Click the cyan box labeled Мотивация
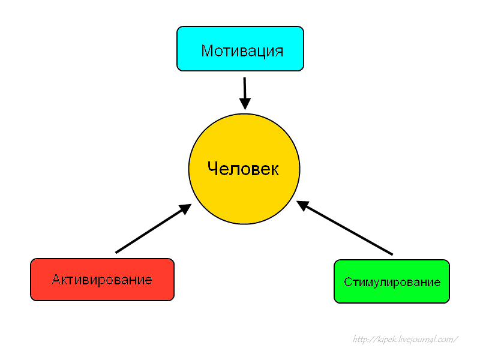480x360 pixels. (240, 49)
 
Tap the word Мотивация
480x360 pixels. (242, 50)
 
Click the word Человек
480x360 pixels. (243, 169)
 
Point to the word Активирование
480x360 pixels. (102, 280)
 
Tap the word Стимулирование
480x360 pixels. (392, 282)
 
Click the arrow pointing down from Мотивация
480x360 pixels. (245, 90)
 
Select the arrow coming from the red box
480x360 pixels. (150, 230)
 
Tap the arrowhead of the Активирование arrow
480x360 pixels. (185, 208)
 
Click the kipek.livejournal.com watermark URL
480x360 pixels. (406, 340)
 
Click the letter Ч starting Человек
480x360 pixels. (212, 169)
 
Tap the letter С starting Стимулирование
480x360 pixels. (347, 282)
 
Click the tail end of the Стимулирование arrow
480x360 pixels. (392, 254)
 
